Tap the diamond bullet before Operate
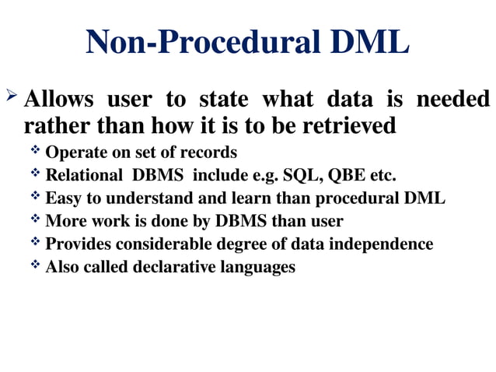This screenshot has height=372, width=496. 36,149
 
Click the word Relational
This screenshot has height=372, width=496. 80,174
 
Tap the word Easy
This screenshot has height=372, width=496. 61,198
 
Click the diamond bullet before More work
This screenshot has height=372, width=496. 36,219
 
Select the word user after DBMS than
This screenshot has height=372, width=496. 326,221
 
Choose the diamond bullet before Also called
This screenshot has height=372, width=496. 36,266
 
